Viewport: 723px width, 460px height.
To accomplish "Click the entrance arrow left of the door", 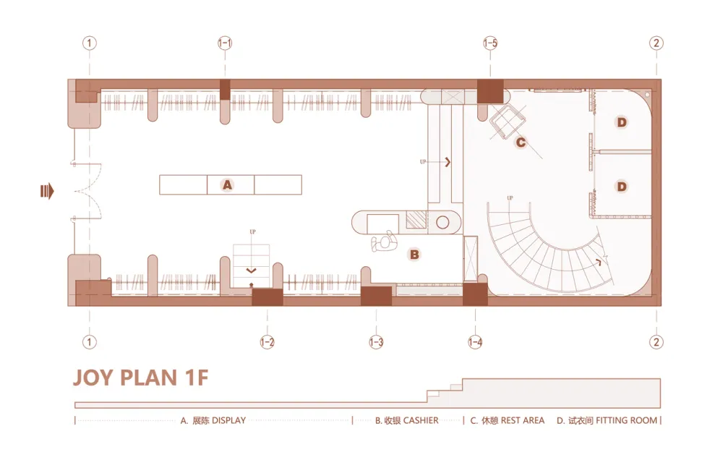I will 48,191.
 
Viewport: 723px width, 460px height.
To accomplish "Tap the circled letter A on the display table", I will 227,185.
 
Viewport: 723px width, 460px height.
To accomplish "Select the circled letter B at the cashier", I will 414,255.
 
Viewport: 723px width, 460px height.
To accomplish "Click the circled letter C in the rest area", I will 520,142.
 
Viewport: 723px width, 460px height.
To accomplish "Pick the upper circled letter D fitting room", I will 622,122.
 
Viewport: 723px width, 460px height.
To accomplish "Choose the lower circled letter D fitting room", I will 622,187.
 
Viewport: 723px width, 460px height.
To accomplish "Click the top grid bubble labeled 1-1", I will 225,43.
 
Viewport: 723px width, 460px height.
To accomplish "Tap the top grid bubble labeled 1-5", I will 490,43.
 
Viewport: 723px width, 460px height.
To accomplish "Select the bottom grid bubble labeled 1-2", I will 267,342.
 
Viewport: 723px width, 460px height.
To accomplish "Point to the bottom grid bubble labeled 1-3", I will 376,342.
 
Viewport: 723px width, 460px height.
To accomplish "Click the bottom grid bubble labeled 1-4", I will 475,342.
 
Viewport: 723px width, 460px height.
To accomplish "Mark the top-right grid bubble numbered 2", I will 656,43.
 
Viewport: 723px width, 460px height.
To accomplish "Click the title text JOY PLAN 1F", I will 141,378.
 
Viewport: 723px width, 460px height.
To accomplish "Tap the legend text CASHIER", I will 421,420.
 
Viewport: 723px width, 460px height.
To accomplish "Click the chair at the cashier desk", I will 385,242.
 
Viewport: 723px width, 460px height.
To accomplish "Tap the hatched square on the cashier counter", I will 416,220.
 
